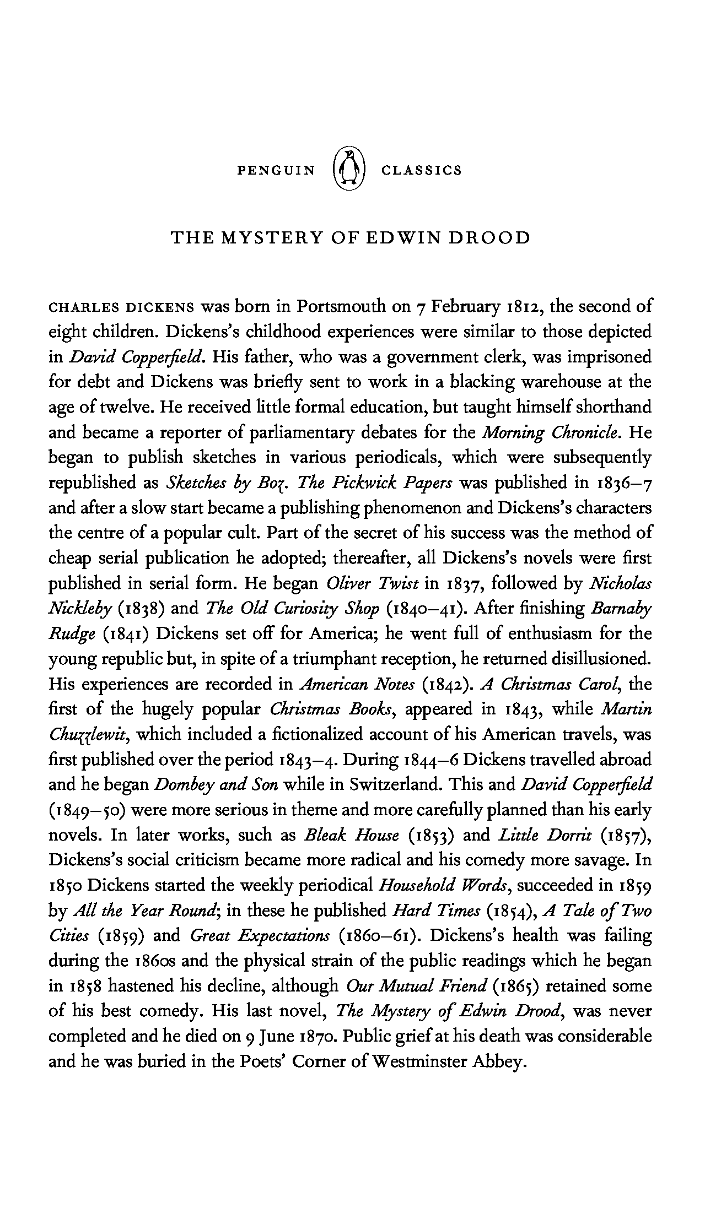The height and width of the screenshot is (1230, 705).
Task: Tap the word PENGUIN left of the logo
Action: coord(276,170)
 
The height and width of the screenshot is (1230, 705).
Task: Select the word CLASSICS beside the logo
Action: coord(422,170)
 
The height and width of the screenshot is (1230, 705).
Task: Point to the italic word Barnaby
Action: coord(621,609)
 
